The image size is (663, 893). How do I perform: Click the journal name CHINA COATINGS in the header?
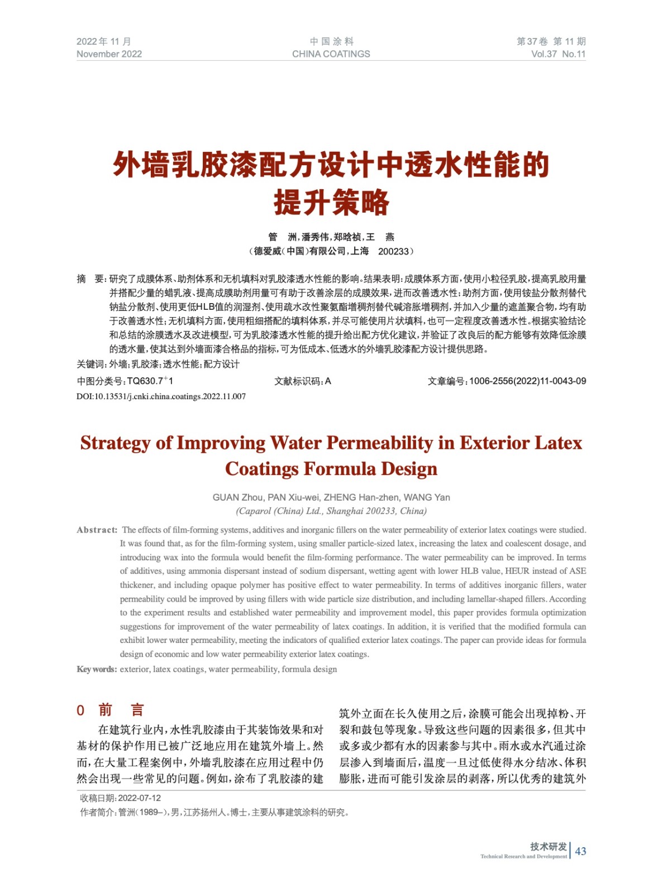click(331, 54)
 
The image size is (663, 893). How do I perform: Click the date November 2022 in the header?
click(109, 54)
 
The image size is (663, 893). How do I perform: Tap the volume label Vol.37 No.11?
click(558, 54)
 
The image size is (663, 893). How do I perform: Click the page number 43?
click(580, 851)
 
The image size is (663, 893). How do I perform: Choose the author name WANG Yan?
click(427, 497)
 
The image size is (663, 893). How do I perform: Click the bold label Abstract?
click(97, 530)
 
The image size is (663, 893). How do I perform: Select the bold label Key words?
click(97, 669)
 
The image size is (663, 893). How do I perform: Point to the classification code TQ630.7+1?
click(150, 381)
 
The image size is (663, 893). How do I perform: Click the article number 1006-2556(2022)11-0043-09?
click(527, 381)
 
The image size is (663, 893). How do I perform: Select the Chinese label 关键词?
click(90, 364)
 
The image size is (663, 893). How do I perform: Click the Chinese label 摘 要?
click(90, 279)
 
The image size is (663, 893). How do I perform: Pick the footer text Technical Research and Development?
click(523, 857)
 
